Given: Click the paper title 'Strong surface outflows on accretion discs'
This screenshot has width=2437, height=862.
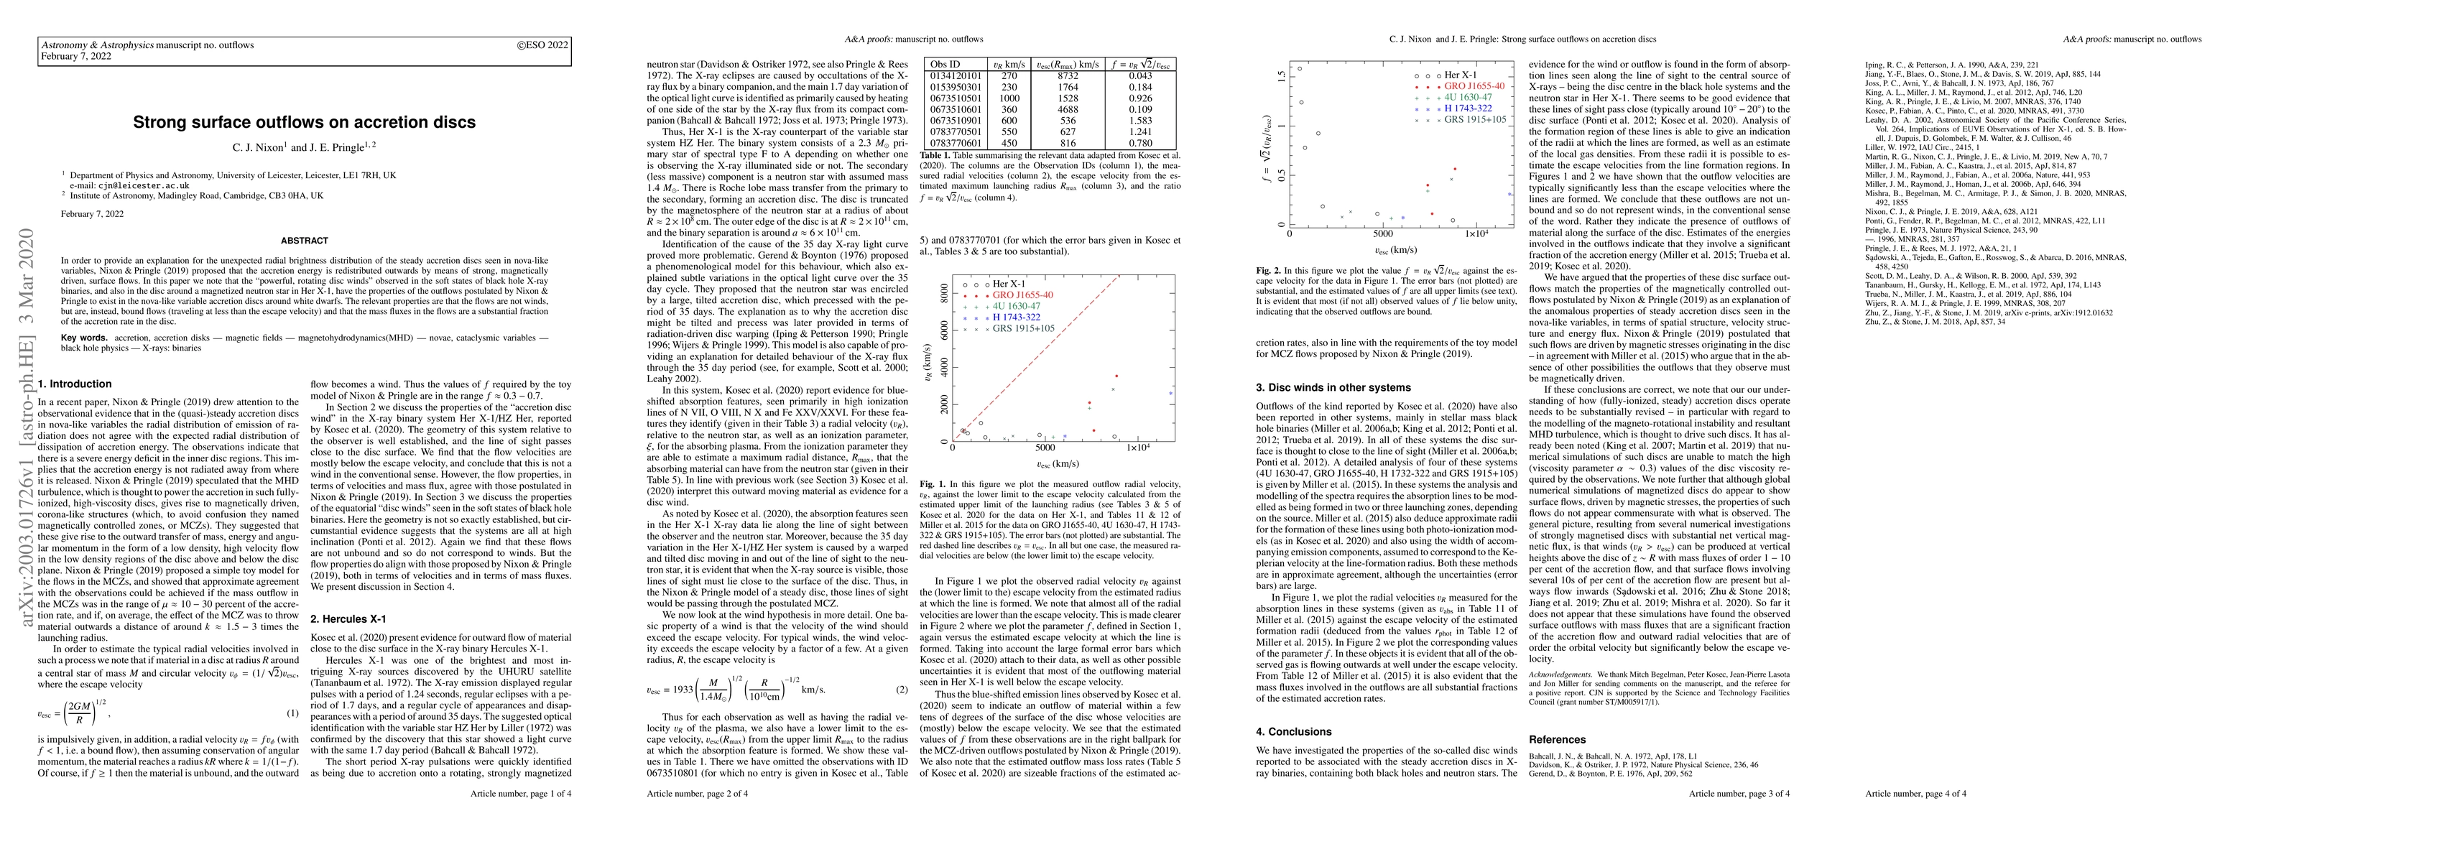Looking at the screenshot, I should click(304, 122).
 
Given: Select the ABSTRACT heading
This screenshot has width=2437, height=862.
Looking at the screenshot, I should click(304, 241).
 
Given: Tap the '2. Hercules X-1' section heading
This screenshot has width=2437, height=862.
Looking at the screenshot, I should click(349, 618).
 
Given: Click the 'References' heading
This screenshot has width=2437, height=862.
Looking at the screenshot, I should click(1557, 739).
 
